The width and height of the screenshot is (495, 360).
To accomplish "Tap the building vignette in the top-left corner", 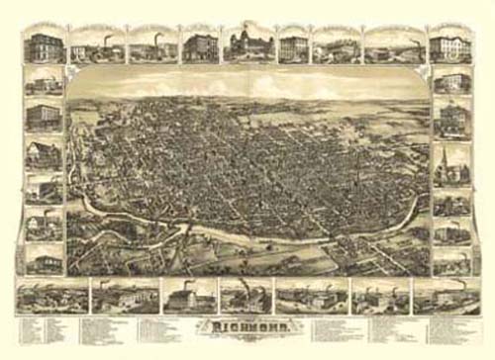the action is pyautogui.click(x=43, y=45).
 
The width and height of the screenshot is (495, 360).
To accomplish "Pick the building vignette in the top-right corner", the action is pyautogui.click(x=450, y=45).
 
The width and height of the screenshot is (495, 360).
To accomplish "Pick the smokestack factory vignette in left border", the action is pyautogui.click(x=45, y=224).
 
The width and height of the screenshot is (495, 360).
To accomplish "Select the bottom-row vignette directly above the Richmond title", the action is pyautogui.click(x=246, y=296).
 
